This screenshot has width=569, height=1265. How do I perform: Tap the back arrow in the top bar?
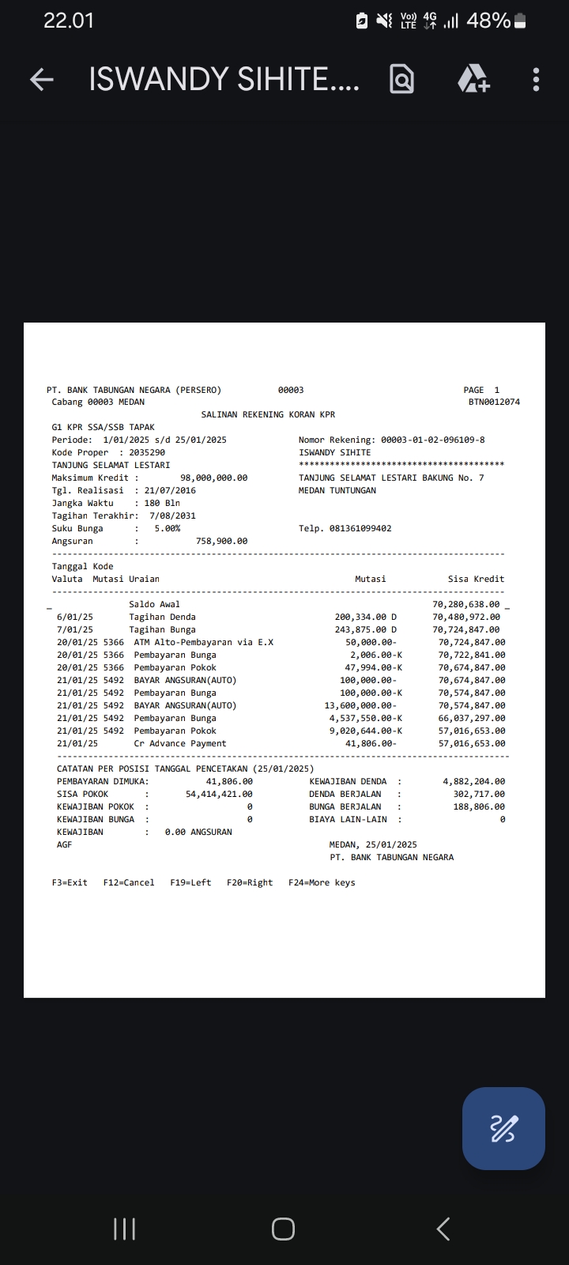42,79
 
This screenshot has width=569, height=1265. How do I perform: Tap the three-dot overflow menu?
536,79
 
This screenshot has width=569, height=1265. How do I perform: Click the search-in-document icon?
401,79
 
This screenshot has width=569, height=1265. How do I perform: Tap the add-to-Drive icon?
473,79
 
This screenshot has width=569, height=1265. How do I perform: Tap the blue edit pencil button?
503,1128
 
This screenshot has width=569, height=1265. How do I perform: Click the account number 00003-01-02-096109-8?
432,440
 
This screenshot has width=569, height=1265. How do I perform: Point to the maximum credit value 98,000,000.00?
213,478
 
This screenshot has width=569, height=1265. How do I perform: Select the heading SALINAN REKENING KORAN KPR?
268,414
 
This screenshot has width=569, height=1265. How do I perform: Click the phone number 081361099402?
360,528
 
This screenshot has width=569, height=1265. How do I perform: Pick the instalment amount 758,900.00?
221,541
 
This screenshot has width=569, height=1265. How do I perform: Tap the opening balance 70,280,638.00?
465,604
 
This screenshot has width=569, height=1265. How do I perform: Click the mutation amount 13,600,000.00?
360,705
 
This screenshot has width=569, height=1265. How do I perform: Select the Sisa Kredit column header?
476,579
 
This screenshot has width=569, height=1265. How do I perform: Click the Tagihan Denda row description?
162,617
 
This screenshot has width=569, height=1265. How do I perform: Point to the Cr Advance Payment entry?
180,743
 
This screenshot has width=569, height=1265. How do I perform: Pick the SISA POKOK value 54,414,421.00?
219,794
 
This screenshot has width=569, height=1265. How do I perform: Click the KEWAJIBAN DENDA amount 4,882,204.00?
473,781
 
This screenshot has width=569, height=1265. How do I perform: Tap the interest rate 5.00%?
167,528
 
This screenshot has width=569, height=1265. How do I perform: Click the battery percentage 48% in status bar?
488,21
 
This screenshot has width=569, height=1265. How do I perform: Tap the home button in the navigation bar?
283,1229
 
